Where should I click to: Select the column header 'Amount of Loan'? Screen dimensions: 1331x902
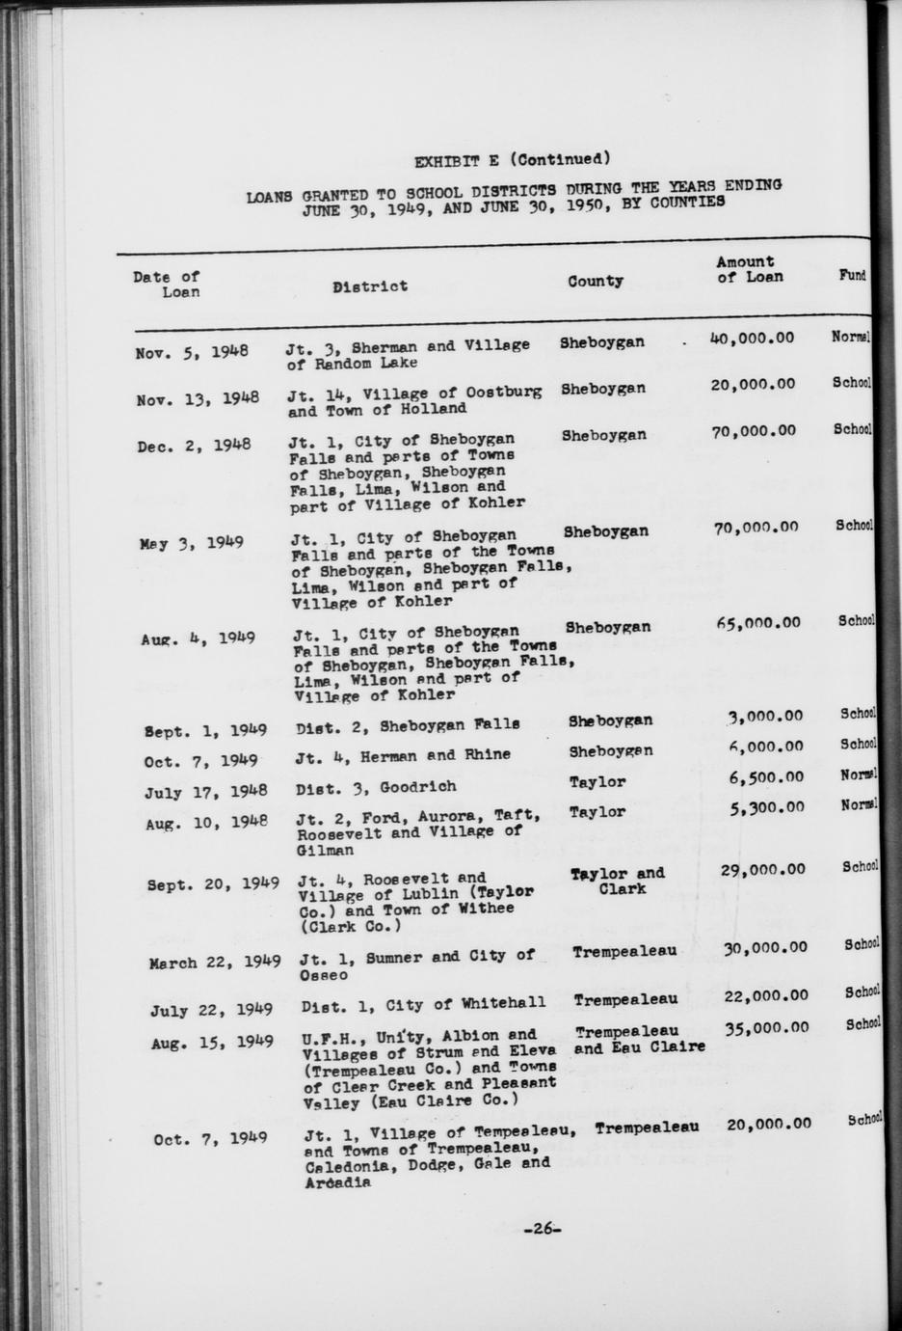coord(749,269)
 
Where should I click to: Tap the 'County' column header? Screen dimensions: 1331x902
coord(595,281)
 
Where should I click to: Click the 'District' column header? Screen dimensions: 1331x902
coord(369,285)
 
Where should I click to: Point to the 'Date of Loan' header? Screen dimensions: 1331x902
coord(167,284)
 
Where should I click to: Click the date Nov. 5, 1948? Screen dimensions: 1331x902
coord(193,351)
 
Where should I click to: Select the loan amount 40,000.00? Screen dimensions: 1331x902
coord(752,338)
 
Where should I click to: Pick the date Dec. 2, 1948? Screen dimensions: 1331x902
coord(194,446)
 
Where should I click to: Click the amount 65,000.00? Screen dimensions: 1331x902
coord(757,622)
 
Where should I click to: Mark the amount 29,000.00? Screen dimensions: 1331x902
coord(762,870)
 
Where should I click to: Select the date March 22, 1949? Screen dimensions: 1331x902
coord(214,962)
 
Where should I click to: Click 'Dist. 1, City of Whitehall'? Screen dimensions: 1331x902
coord(423,1004)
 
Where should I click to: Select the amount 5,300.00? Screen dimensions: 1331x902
coord(767,807)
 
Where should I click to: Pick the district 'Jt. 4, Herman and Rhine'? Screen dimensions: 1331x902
coord(403,755)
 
